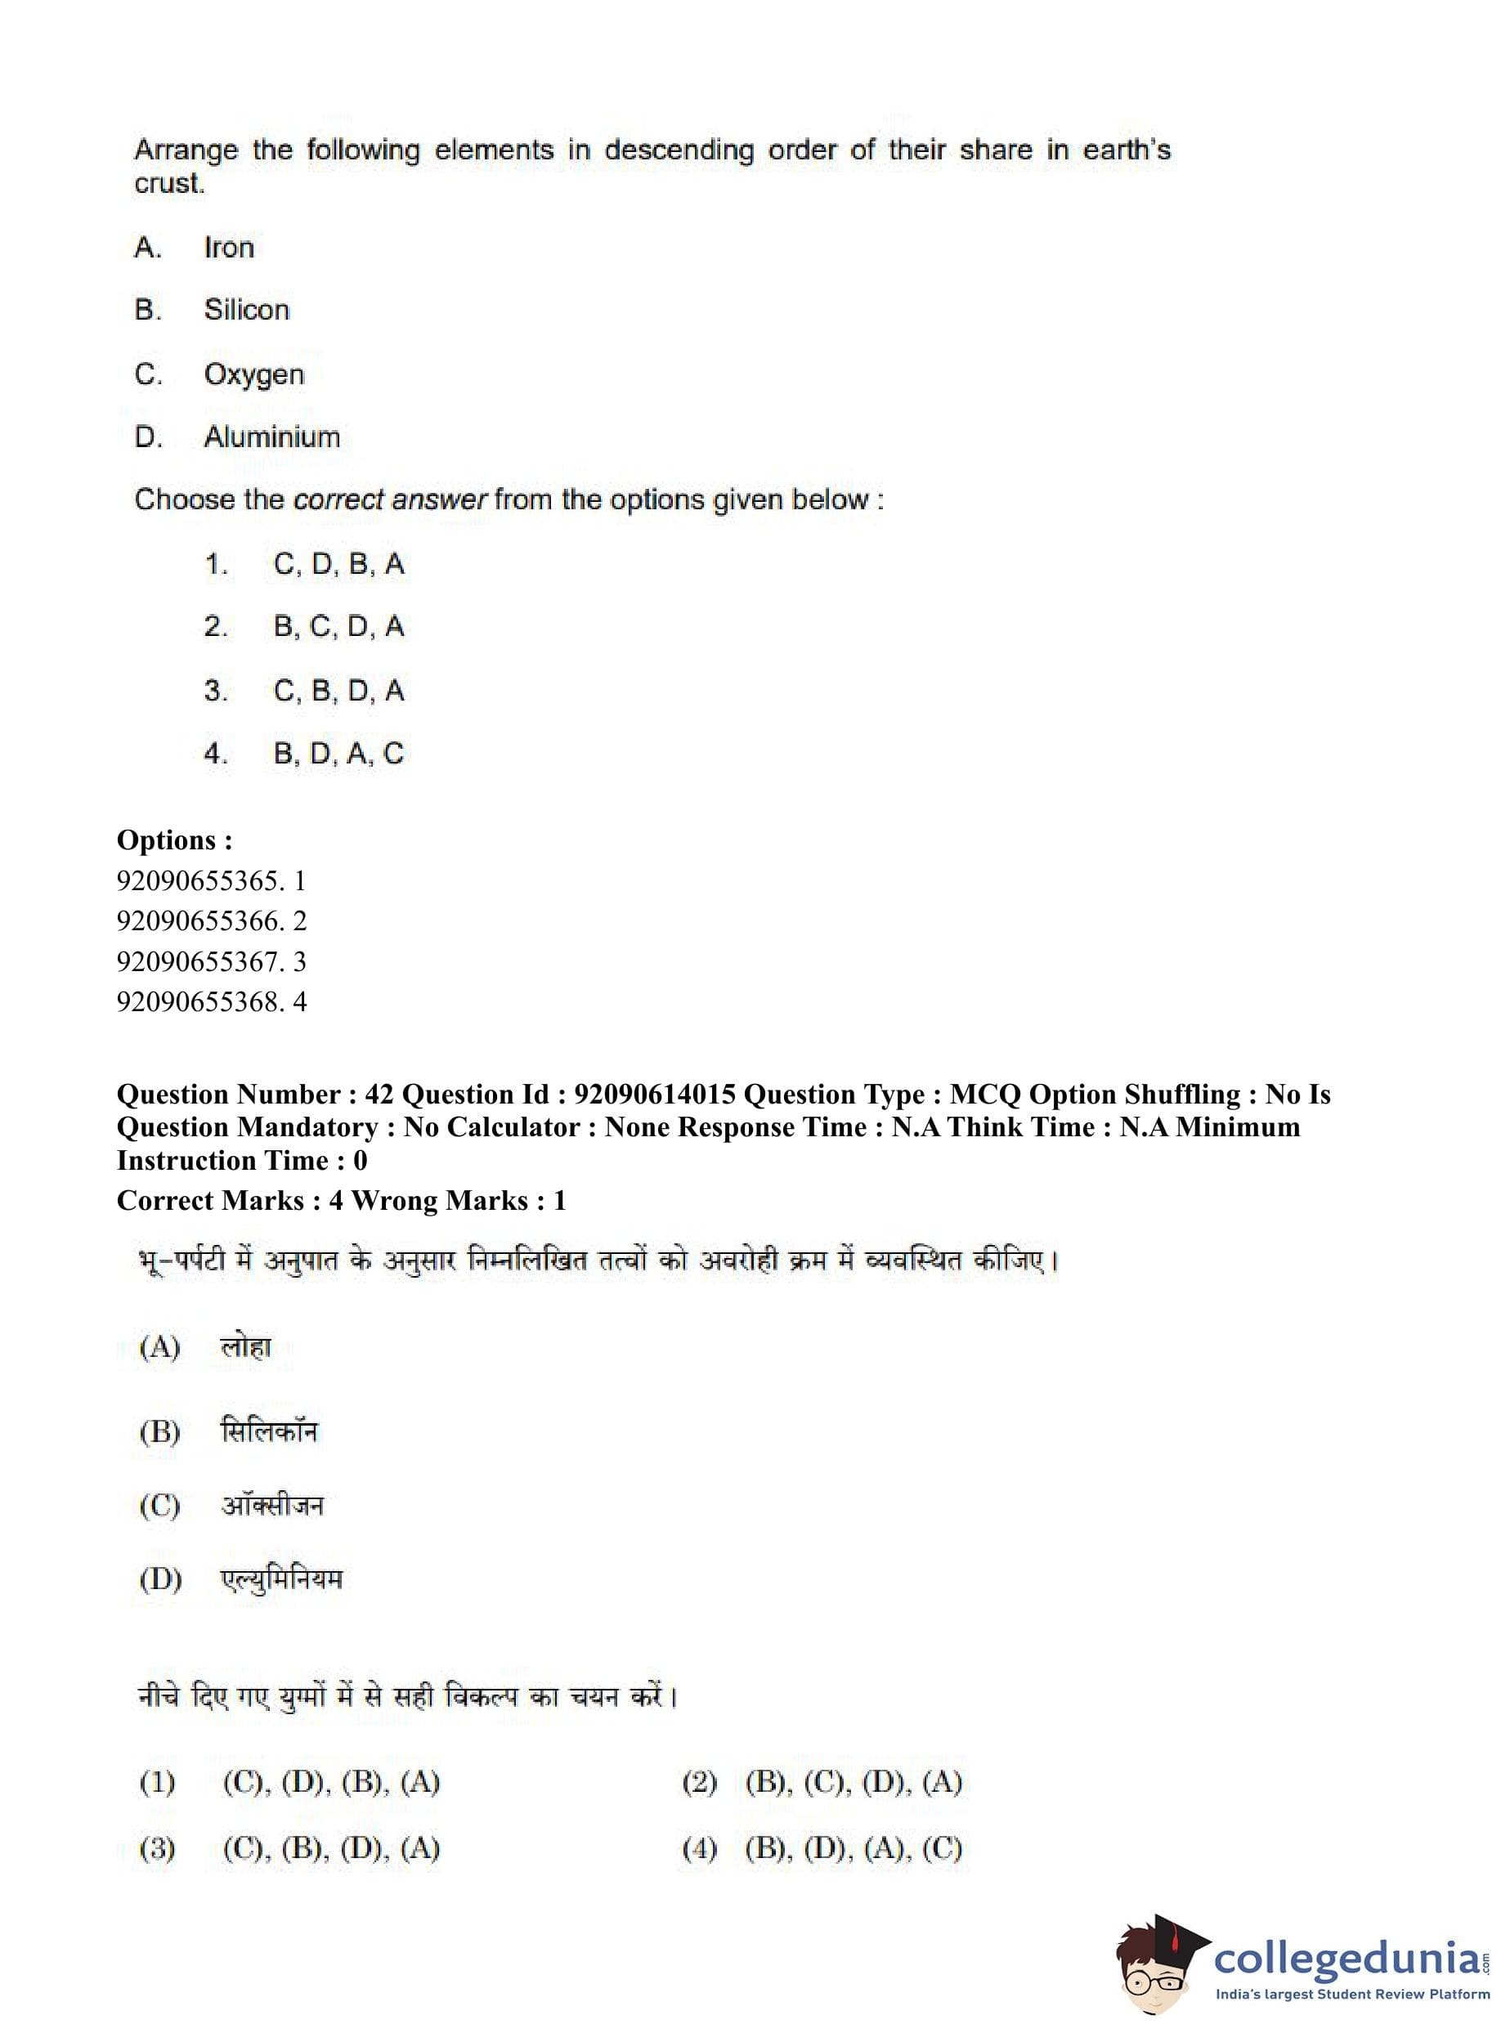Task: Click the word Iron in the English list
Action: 228,247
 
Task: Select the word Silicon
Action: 246,310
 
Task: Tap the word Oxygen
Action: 253,374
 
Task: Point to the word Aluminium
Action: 271,437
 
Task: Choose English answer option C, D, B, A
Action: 338,564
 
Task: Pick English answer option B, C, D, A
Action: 338,627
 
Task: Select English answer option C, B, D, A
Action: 338,691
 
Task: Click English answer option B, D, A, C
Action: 338,753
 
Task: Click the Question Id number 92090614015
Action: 654,1095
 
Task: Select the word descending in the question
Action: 679,150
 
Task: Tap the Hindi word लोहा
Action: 245,1347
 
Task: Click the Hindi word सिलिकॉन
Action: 269,1431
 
